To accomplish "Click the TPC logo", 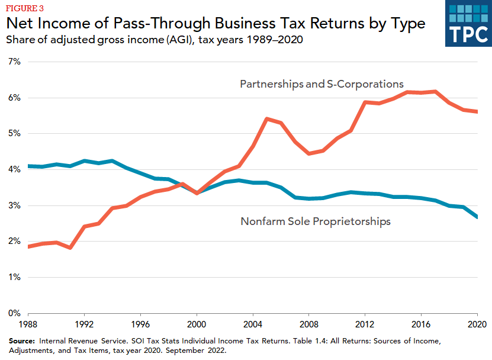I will click(x=468, y=24).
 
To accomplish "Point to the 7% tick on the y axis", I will click(x=14, y=62).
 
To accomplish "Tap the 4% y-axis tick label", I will click(x=14, y=169).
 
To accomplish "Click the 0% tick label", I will click(x=14, y=313).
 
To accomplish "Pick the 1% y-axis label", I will click(x=14, y=277).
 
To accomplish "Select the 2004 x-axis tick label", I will click(x=253, y=325).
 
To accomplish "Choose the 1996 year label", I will click(x=141, y=325).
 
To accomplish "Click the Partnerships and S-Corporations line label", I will click(x=321, y=84).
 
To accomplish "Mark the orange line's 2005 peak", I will click(x=267, y=119).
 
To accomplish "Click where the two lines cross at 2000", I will click(x=197, y=192).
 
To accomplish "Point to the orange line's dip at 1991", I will click(x=71, y=247).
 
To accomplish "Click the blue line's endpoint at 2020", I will click(x=477, y=217).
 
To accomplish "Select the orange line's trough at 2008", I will click(x=309, y=153).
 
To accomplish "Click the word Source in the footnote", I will click(x=22, y=342).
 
